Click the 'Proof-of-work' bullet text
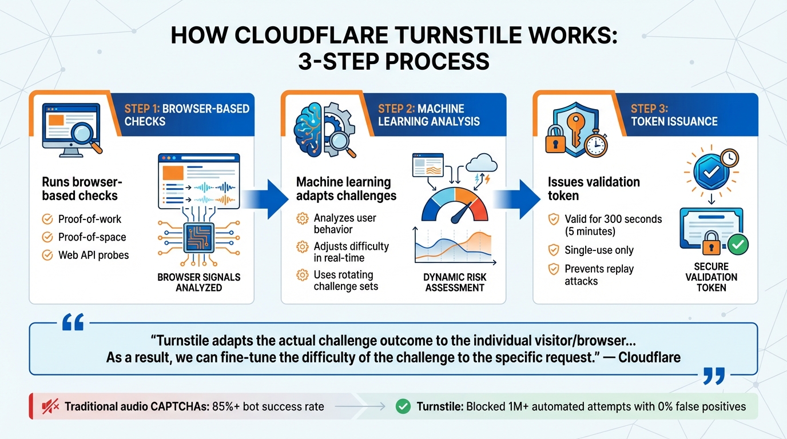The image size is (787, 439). click(90, 219)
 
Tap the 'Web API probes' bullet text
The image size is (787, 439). click(93, 255)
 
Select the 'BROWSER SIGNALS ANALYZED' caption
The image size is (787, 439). click(198, 282)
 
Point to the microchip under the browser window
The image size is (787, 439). click(199, 237)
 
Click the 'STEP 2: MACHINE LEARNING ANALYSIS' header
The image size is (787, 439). click(428, 115)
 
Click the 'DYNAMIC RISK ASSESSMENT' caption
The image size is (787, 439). click(455, 282)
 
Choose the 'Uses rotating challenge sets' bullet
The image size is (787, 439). click(345, 281)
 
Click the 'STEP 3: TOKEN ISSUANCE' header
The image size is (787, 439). click(674, 115)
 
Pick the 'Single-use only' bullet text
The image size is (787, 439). click(599, 250)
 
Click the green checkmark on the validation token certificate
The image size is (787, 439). click(738, 245)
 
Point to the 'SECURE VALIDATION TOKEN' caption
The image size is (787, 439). click(711, 277)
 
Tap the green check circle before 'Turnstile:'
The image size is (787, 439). click(403, 407)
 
